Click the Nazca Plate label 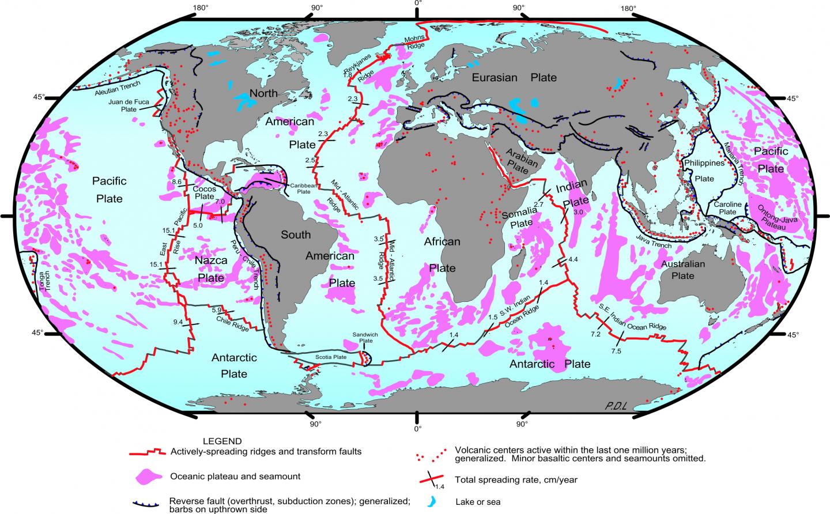click(x=211, y=269)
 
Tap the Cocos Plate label click(x=205, y=192)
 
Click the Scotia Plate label click(x=331, y=357)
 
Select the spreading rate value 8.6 click(x=177, y=182)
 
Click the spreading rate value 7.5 click(x=616, y=352)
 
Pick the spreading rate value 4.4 click(x=573, y=260)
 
